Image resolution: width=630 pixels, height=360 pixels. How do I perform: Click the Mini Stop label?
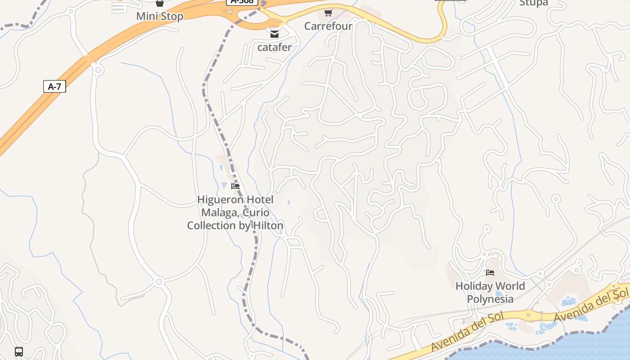pyautogui.click(x=160, y=17)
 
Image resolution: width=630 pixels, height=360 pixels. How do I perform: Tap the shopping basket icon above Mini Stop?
pyautogui.click(x=160, y=3)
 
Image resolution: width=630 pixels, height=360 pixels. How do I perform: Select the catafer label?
pyautogui.click(x=274, y=47)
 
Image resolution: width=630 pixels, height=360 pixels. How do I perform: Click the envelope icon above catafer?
pyautogui.click(x=274, y=34)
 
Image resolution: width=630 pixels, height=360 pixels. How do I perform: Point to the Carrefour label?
pyautogui.click(x=328, y=26)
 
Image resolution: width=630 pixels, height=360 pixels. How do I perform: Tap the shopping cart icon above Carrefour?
pyautogui.click(x=328, y=13)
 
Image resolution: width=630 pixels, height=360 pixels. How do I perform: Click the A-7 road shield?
pyautogui.click(x=54, y=86)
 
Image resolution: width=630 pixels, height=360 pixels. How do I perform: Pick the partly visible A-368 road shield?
pyautogui.click(x=242, y=2)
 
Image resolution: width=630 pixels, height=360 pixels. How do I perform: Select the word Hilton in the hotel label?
pyautogui.click(x=268, y=225)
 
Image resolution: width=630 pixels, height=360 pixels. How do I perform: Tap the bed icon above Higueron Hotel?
pyautogui.click(x=235, y=186)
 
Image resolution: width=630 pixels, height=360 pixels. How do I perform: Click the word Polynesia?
pyautogui.click(x=490, y=299)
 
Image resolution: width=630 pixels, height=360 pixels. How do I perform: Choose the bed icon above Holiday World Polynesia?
pyautogui.click(x=490, y=273)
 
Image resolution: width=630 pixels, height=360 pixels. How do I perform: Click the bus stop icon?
pyautogui.click(x=19, y=351)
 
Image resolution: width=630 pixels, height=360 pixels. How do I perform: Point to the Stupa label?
pyautogui.click(x=534, y=3)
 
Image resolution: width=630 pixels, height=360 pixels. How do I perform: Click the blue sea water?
pyautogui.click(x=562, y=346)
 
